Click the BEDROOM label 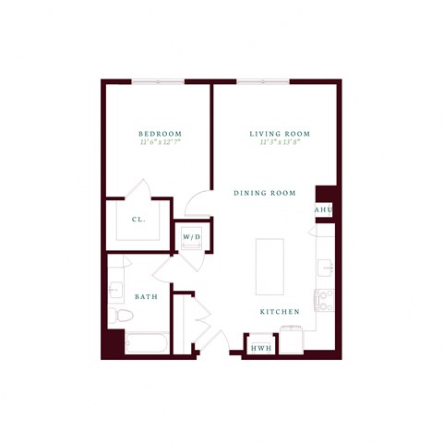coord(159,134)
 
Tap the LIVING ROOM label coord(280,134)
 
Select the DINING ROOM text coord(264,193)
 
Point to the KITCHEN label coord(279,312)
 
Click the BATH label coord(146,297)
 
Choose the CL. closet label coord(138,220)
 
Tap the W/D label coord(192,237)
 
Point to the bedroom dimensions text coord(159,143)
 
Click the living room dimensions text coord(280,143)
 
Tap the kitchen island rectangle coord(269,267)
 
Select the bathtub coord(146,344)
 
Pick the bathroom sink coord(114,290)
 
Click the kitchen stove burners coord(323,299)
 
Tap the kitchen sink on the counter coord(324,269)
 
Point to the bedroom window coord(158,82)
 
